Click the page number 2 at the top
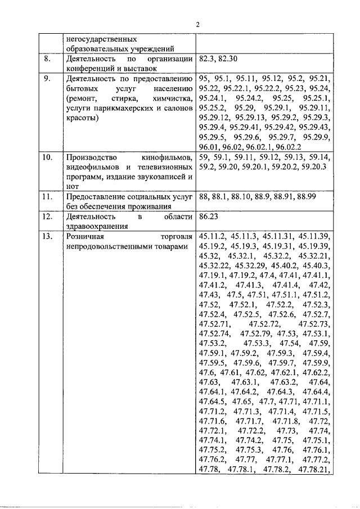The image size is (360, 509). coord(197,25)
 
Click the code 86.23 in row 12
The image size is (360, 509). coord(209,215)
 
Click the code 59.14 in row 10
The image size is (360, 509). coord(322,156)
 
